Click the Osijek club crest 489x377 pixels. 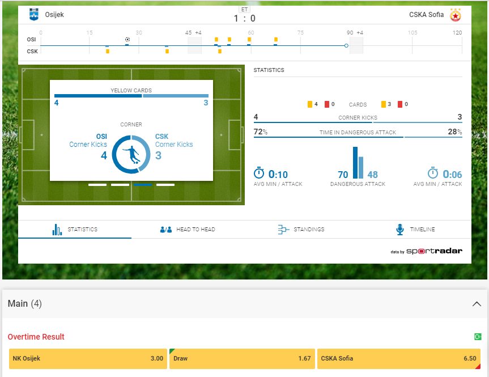click(34, 15)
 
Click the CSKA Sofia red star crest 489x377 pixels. click(456, 15)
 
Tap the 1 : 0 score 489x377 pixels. click(244, 19)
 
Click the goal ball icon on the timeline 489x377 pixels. click(127, 39)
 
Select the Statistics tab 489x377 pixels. click(75, 230)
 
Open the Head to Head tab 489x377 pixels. click(188, 230)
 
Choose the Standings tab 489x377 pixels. click(301, 230)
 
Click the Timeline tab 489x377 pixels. click(414, 230)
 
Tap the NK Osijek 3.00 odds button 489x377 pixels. click(88, 358)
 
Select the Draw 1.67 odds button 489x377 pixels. click(241, 358)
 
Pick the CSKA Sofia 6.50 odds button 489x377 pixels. click(398, 358)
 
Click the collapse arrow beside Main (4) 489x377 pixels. click(477, 304)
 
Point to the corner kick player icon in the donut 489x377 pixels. click(131, 154)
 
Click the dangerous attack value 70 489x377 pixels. click(343, 175)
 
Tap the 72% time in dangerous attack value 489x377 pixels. click(261, 132)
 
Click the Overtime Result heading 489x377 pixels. click(36, 337)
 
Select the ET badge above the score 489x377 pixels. click(244, 9)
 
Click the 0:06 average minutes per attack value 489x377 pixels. click(452, 175)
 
